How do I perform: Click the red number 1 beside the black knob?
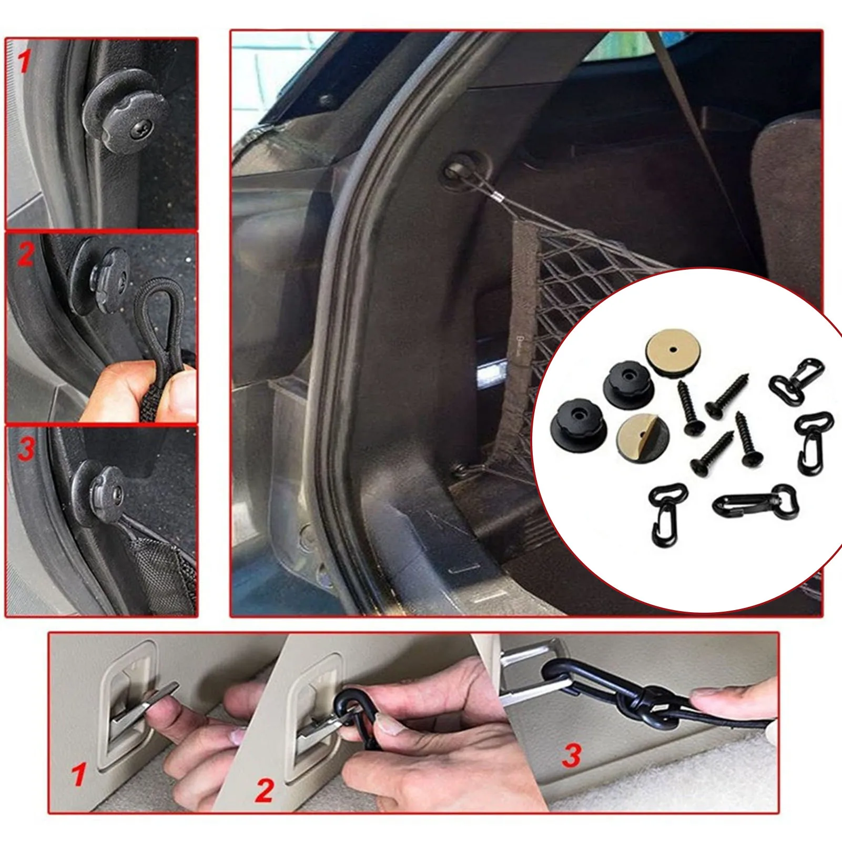23,62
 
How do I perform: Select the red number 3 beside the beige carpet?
572,755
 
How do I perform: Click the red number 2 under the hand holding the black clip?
265,790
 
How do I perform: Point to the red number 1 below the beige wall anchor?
79,775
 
